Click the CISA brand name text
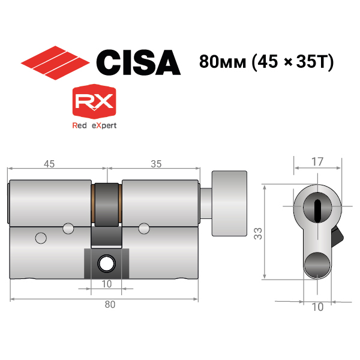[139, 62]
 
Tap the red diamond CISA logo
[55, 62]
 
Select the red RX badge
[94, 101]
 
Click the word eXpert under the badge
[104, 125]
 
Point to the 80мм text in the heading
[223, 62]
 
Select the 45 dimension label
[49, 164]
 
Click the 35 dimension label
[156, 164]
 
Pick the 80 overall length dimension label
[110, 304]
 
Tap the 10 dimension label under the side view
[107, 284]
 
